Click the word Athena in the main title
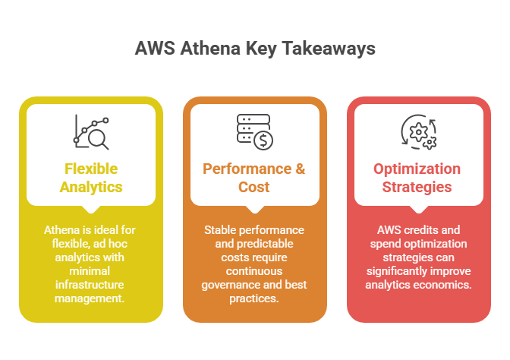point(210,48)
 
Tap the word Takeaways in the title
point(329,49)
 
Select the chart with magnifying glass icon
point(91,132)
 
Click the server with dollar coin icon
point(255,132)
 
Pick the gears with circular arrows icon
point(419,132)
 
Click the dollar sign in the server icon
point(263,141)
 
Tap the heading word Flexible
point(91,169)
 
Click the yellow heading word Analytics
point(91,188)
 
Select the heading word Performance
point(247,169)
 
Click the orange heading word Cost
point(254,187)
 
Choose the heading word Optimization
point(417,169)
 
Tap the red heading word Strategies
point(417,188)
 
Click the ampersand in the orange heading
point(301,169)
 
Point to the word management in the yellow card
point(90,298)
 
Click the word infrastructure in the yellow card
point(90,285)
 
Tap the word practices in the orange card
point(254,298)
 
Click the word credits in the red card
point(421,230)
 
